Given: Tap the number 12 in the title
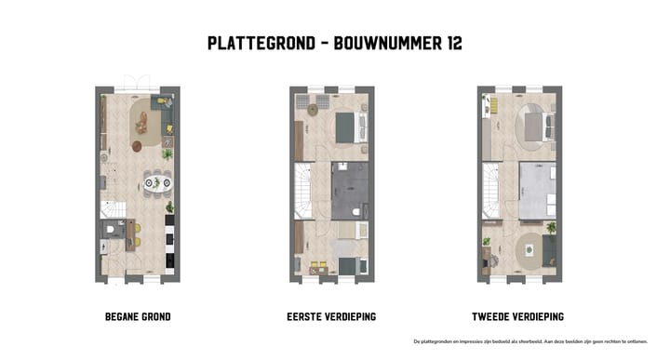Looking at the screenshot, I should [x=450, y=43].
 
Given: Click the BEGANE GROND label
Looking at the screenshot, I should [x=138, y=317].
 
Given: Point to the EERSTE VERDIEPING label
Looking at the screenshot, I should [x=332, y=317].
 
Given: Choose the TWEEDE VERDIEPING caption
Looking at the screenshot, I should [x=520, y=317].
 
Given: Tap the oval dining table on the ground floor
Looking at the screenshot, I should [x=156, y=182].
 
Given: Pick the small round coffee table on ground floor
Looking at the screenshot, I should [x=137, y=145].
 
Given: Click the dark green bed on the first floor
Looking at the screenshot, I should [x=347, y=127].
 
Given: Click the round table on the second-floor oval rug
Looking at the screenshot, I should [x=530, y=249].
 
